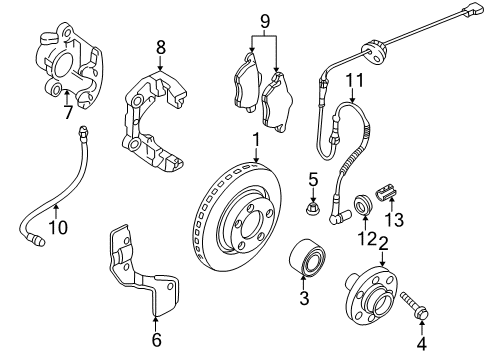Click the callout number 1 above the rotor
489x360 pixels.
tap(256, 140)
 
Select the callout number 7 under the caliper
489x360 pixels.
tap(68, 112)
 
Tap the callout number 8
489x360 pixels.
tap(161, 47)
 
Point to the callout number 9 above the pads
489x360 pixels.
tap(264, 22)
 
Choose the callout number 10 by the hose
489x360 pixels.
tap(58, 227)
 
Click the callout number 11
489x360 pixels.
tap(354, 80)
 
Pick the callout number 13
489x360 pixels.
tap(394, 220)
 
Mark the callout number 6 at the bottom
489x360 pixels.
tap(157, 339)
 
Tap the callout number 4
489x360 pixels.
tap(422, 343)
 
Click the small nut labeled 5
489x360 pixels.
tap(312, 208)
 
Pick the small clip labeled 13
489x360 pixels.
tap(387, 193)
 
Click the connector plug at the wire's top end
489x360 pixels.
tap(472, 10)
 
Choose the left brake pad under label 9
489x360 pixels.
tap(246, 82)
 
